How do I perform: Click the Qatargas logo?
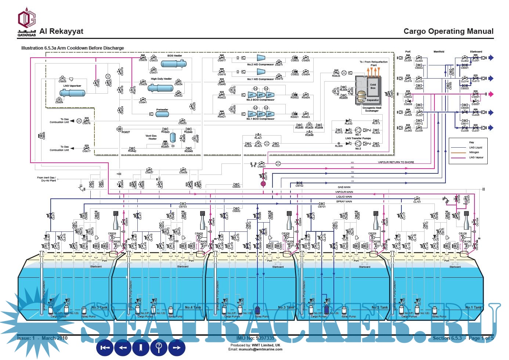click(x=27, y=23)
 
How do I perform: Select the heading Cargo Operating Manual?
click(x=448, y=32)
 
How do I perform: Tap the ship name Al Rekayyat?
click(x=61, y=32)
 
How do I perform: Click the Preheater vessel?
click(x=162, y=114)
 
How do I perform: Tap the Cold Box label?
click(x=373, y=86)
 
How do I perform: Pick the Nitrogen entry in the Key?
click(x=474, y=152)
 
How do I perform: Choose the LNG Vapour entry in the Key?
click(x=476, y=157)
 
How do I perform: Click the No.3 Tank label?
click(x=286, y=307)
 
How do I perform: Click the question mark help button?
click(x=159, y=348)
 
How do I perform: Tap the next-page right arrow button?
click(x=177, y=348)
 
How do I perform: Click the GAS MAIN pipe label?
click(x=344, y=187)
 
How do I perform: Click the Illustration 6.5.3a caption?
click(x=73, y=48)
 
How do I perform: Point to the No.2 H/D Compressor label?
click(x=260, y=64)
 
